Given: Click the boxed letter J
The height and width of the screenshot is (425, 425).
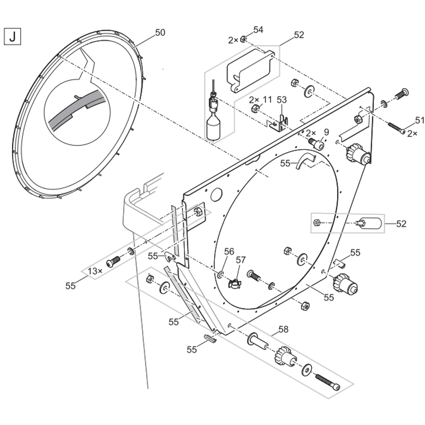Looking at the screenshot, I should pyautogui.click(x=12, y=36).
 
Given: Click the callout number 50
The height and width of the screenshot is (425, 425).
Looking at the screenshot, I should pyautogui.click(x=160, y=33).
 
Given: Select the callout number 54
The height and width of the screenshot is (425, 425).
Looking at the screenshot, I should pyautogui.click(x=258, y=30).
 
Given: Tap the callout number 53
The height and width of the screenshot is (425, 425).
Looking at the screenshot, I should pyautogui.click(x=281, y=100).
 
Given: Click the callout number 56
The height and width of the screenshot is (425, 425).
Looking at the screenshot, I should pyautogui.click(x=229, y=251).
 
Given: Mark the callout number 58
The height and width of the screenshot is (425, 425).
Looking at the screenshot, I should pyautogui.click(x=283, y=329).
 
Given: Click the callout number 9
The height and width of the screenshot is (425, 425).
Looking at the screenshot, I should pyautogui.click(x=326, y=133).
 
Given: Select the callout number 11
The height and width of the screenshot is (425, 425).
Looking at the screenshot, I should pyautogui.click(x=267, y=99).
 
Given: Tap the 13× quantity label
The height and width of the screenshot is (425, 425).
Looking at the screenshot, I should pyautogui.click(x=95, y=271).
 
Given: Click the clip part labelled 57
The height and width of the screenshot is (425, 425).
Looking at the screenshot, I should pyautogui.click(x=235, y=283).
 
